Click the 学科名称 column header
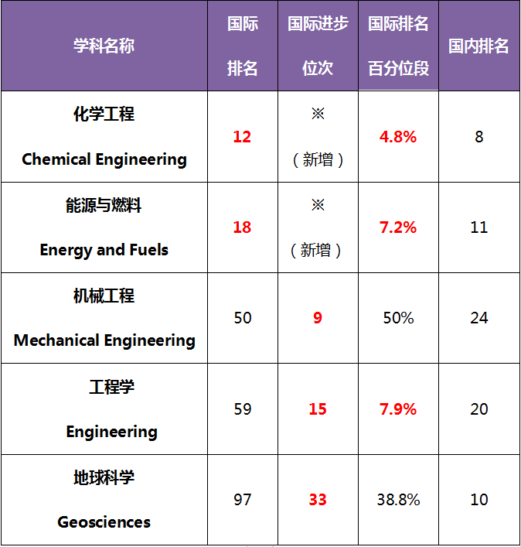pos(104,46)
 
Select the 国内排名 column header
pos(478,46)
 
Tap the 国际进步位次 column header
pos(318,46)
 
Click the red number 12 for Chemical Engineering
pos(242,137)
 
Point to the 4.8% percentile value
pos(398,137)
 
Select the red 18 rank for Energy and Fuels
pos(242,227)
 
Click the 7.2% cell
pos(398,227)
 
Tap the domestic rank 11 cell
pos(478,227)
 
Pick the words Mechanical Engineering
pos(104,340)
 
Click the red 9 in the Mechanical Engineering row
pos(318,318)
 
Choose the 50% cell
pos(398,318)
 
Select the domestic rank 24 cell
pos(478,318)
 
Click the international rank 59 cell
pos(242,409)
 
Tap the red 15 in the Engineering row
pos(318,409)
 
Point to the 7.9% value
pos(398,409)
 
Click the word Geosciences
pos(104,522)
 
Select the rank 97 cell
pos(242,500)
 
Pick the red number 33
pos(318,500)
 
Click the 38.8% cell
pos(398,500)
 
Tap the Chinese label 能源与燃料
pos(104,205)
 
